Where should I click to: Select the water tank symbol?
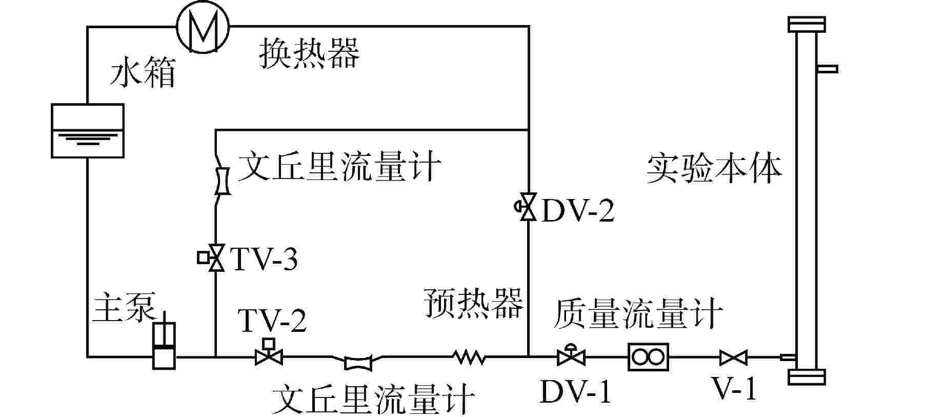click(x=88, y=130)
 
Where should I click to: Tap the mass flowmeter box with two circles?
click(x=649, y=356)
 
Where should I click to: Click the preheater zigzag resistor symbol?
click(x=468, y=356)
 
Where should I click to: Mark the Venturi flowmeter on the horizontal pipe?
click(x=358, y=363)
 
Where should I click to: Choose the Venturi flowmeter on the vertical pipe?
click(x=222, y=181)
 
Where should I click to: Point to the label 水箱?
click(x=143, y=72)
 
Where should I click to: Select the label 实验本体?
click(x=714, y=169)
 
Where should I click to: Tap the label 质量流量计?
click(x=638, y=313)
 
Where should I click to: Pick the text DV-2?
click(x=577, y=210)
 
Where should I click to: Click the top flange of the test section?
click(x=807, y=24)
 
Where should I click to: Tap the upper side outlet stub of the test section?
click(x=827, y=68)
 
